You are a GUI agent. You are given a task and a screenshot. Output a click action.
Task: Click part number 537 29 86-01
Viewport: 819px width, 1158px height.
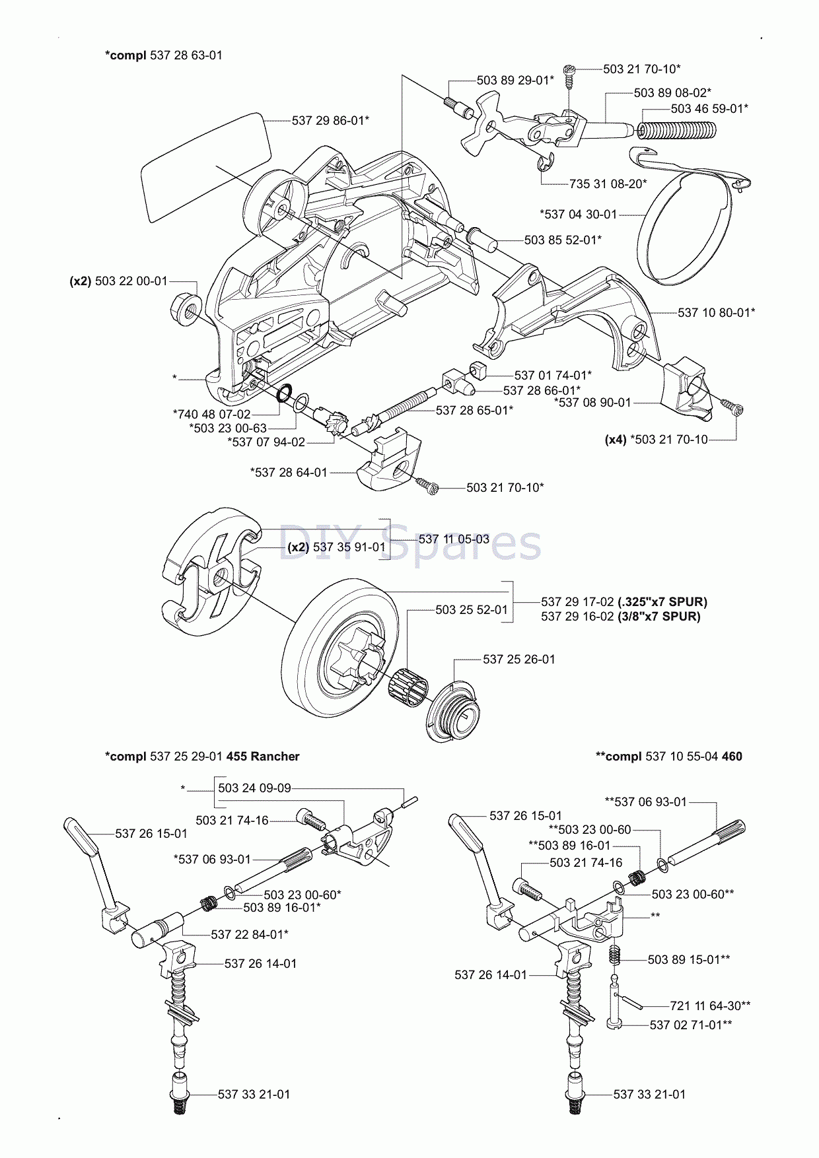[330, 120]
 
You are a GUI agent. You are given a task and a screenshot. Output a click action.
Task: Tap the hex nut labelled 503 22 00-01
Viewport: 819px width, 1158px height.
[186, 308]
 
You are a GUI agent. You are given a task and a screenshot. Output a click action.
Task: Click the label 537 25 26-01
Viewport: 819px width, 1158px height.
[518, 659]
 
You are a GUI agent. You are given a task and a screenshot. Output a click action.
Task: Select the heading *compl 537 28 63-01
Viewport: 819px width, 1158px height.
[164, 55]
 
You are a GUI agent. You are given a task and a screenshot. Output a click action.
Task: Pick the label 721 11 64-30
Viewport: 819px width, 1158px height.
[710, 1005]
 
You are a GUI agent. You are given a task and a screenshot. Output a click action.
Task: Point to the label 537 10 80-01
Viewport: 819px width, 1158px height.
[716, 312]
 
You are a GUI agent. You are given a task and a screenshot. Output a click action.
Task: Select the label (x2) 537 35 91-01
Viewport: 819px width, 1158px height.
[336, 547]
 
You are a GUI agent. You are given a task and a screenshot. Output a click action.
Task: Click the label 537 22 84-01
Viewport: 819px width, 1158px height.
[249, 934]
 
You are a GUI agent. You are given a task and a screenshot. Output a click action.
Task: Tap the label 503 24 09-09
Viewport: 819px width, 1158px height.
[254, 788]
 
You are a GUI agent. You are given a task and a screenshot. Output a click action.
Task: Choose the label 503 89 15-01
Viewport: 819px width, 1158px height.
[688, 959]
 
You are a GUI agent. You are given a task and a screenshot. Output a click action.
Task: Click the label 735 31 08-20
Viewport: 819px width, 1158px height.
[608, 184]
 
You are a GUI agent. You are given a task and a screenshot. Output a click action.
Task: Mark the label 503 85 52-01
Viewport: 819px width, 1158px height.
[563, 240]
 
